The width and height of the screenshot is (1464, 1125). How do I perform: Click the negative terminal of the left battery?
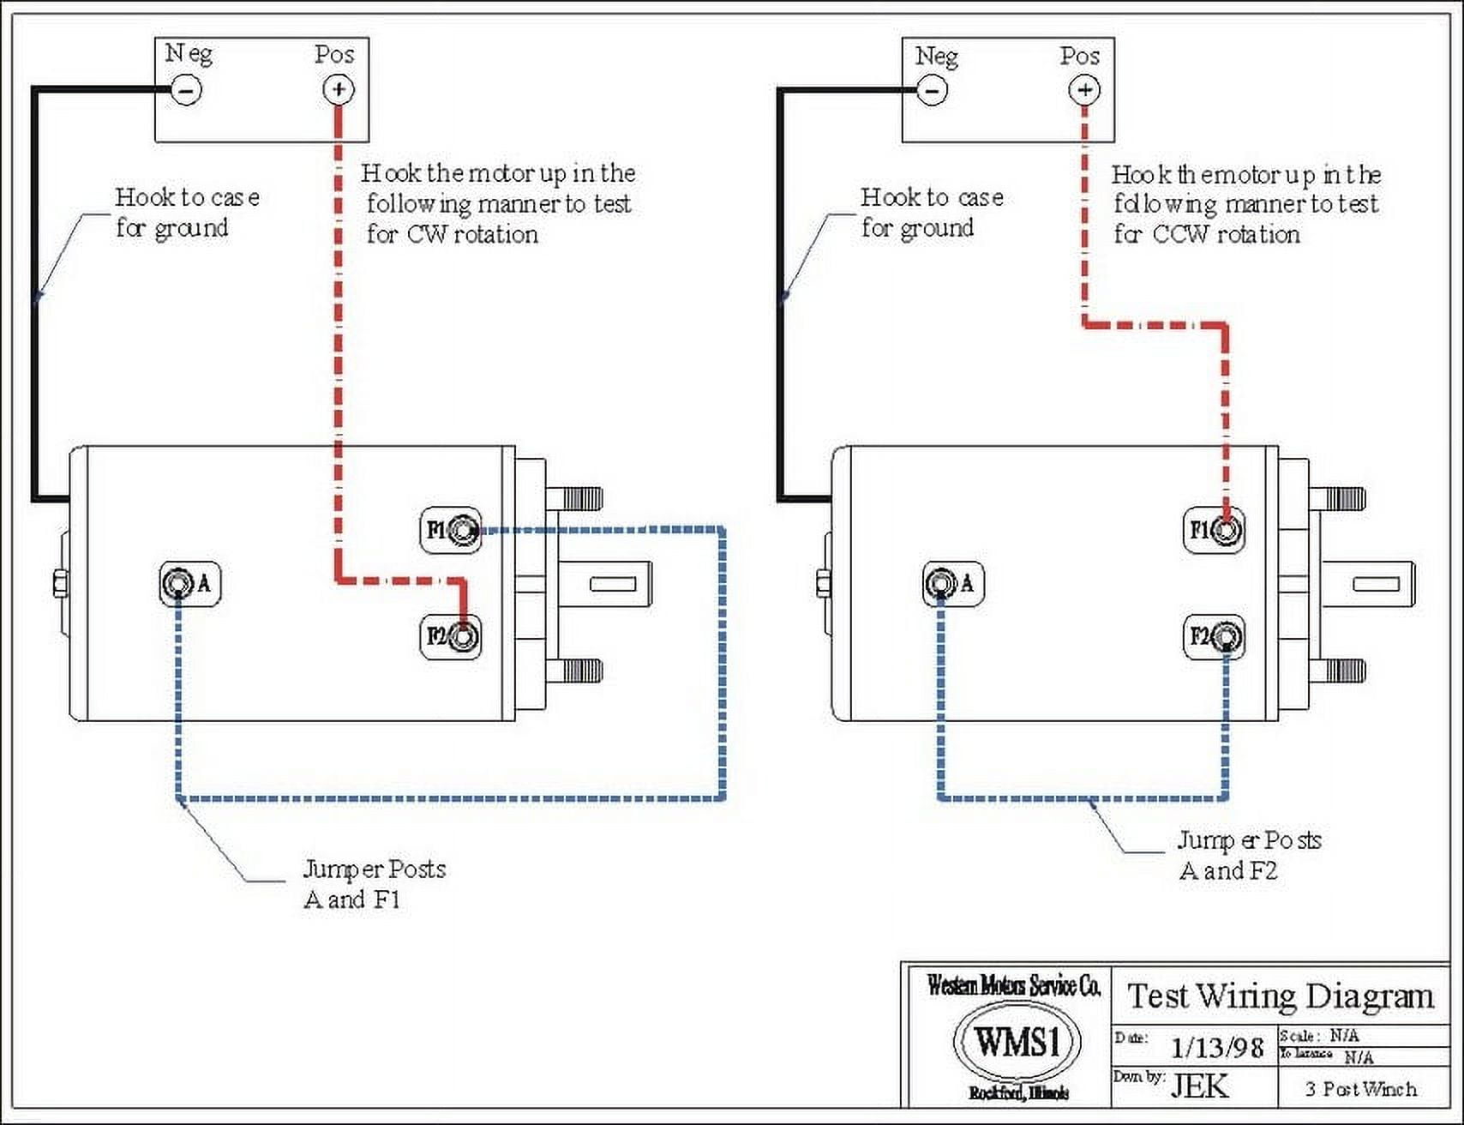tap(187, 89)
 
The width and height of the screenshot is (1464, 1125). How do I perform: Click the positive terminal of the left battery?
tap(339, 89)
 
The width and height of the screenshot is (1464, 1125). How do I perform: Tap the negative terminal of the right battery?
tap(933, 90)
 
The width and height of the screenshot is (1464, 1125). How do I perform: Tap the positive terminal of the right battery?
tap(1084, 90)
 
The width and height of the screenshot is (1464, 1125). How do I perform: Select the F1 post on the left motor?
tap(464, 531)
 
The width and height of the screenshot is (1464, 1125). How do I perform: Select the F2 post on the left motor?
tap(464, 637)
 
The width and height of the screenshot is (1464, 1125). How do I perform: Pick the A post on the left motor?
tap(177, 584)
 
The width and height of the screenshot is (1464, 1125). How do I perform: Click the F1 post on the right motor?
tap(1227, 531)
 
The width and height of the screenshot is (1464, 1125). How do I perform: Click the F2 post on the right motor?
tap(1227, 637)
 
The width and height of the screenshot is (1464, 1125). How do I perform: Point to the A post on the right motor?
tap(940, 584)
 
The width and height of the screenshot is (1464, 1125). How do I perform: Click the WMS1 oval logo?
tap(1017, 1042)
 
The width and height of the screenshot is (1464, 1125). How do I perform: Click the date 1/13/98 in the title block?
tap(1217, 1048)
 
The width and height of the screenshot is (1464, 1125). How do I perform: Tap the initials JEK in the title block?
tap(1200, 1086)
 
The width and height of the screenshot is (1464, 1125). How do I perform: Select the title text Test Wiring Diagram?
tap(1281, 996)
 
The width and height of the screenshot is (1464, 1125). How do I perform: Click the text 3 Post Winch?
tap(1361, 1089)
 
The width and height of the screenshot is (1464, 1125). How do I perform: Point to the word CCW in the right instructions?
tap(1180, 234)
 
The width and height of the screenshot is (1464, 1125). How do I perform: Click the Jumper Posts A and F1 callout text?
tap(374, 884)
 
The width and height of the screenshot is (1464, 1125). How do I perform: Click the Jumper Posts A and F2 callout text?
tap(1248, 855)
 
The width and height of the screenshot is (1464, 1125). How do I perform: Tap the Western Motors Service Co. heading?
tap(1013, 987)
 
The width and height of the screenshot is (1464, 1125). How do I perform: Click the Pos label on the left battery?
tap(334, 55)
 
